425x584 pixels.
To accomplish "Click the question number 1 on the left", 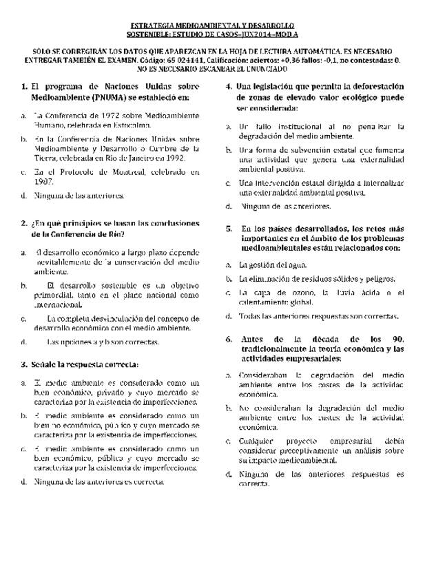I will pos(24,87).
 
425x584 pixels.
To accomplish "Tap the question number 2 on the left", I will pos(24,223).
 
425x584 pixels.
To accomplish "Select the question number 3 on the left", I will pos(24,363).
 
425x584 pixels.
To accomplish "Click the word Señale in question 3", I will pos(45,363).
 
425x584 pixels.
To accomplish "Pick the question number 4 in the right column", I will pos(229,87).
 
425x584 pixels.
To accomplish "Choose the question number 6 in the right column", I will pos(229,339).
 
